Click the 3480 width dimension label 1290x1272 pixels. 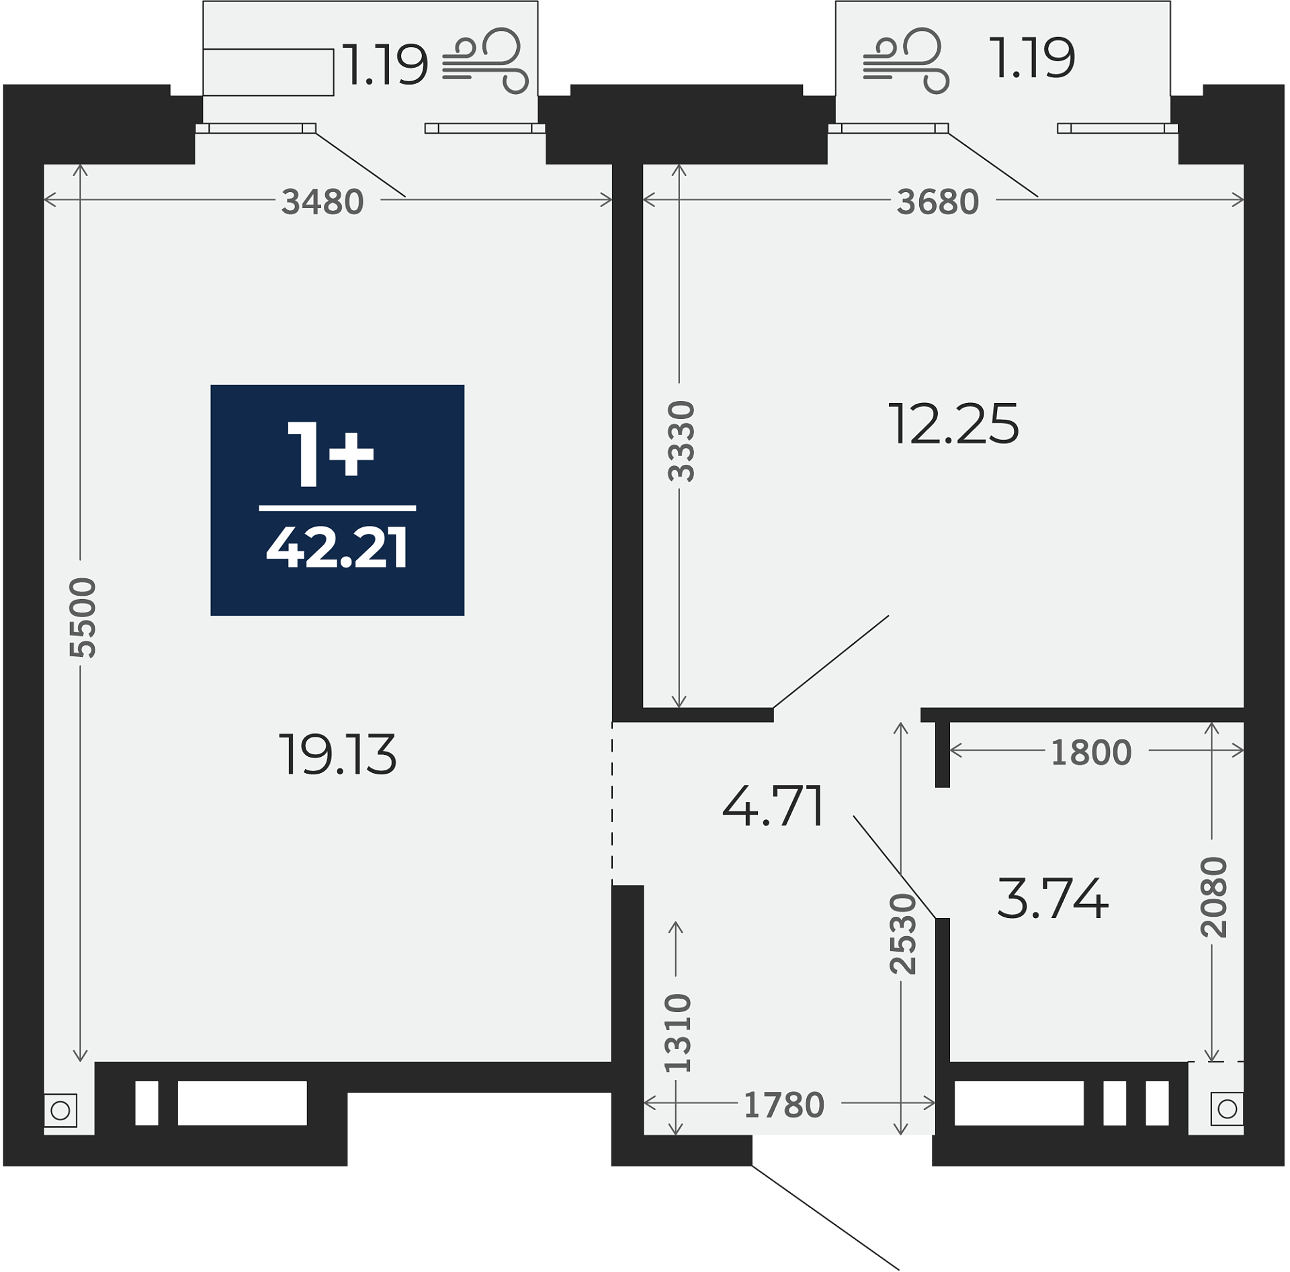pos(322,201)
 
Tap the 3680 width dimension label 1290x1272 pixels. pos(938,201)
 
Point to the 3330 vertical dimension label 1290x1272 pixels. pos(681,441)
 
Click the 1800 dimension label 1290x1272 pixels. pos(1091,753)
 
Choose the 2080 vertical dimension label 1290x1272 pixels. pos(1214,897)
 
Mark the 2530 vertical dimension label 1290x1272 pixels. pos(903,934)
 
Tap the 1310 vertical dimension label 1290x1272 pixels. pos(677,1033)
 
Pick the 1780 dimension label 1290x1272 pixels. pos(783,1105)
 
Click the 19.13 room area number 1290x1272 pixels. pos(338,755)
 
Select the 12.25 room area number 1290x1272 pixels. pos(954,424)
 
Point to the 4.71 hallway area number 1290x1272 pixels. pos(773,806)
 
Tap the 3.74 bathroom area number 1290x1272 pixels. pos(1053,899)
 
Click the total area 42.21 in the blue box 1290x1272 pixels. pos(337,549)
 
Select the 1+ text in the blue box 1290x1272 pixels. pos(330,454)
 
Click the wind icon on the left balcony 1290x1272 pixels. pos(486,61)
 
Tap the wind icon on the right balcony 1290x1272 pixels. pos(906,61)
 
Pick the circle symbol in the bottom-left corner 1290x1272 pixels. pos(60,1110)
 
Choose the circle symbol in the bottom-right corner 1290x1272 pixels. pos(1227,1109)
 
